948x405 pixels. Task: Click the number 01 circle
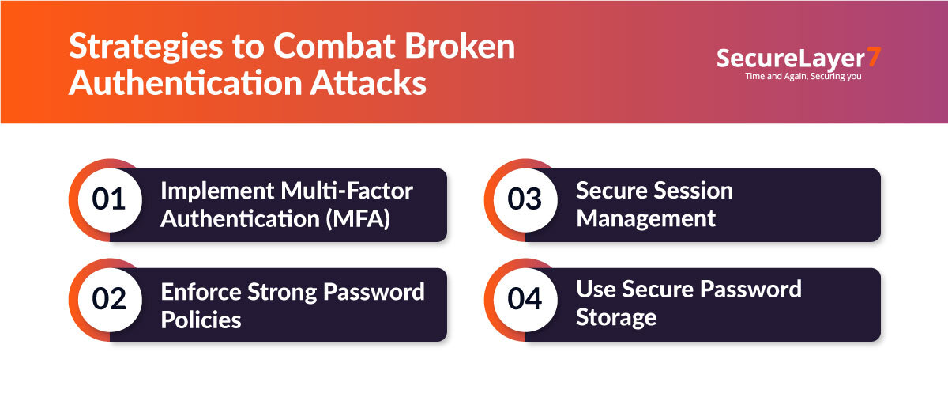(x=109, y=199)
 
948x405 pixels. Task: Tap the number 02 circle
(x=109, y=300)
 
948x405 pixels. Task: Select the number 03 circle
(x=525, y=199)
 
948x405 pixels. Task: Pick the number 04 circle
(x=525, y=300)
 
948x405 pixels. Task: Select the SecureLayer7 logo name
(x=790, y=59)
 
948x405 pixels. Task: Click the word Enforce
(x=201, y=291)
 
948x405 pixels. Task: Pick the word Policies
(x=201, y=319)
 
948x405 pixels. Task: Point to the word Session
(x=694, y=191)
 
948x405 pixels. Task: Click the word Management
(x=645, y=218)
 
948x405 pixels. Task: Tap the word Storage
(x=616, y=318)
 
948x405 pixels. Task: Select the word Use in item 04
(x=595, y=290)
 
